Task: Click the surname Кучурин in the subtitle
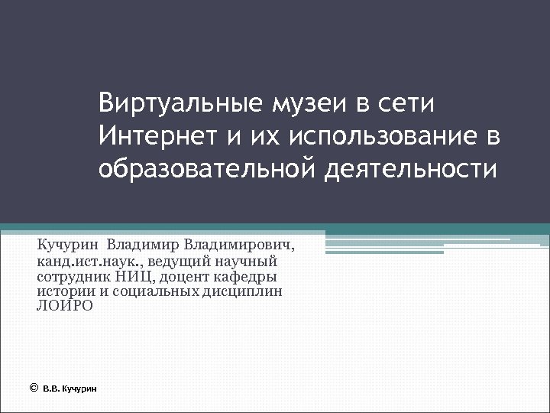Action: click(x=68, y=246)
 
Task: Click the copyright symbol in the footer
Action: click(x=33, y=388)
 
